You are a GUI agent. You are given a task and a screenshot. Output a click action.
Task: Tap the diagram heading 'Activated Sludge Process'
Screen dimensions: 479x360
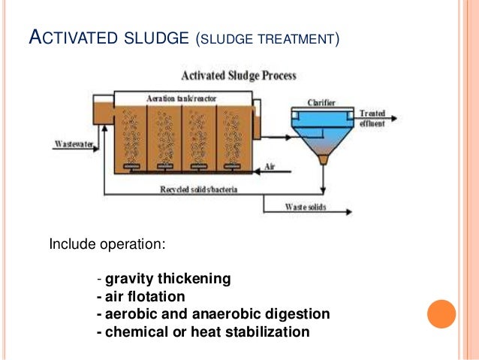click(x=239, y=75)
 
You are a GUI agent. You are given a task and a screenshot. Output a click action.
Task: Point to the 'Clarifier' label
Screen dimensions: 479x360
click(x=321, y=101)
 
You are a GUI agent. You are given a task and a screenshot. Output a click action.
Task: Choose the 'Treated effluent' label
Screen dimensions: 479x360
click(x=372, y=116)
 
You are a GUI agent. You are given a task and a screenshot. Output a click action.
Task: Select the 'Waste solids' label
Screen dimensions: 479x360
click(x=305, y=207)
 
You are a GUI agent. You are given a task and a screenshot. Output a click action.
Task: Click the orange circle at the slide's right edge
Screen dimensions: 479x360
click(x=441, y=313)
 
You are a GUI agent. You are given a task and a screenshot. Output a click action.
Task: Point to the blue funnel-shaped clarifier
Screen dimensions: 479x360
click(x=324, y=135)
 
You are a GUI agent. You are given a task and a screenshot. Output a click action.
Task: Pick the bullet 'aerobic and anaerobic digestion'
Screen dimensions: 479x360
click(x=216, y=313)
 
